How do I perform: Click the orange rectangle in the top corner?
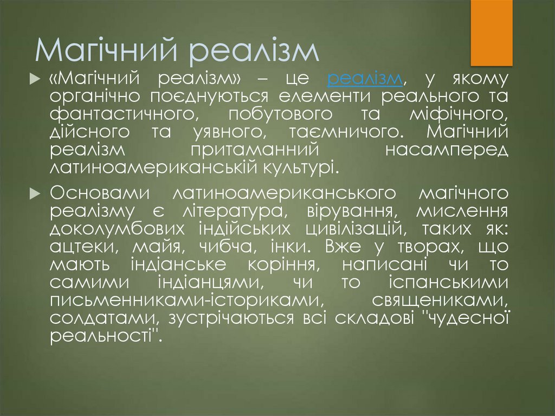click(491, 33)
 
